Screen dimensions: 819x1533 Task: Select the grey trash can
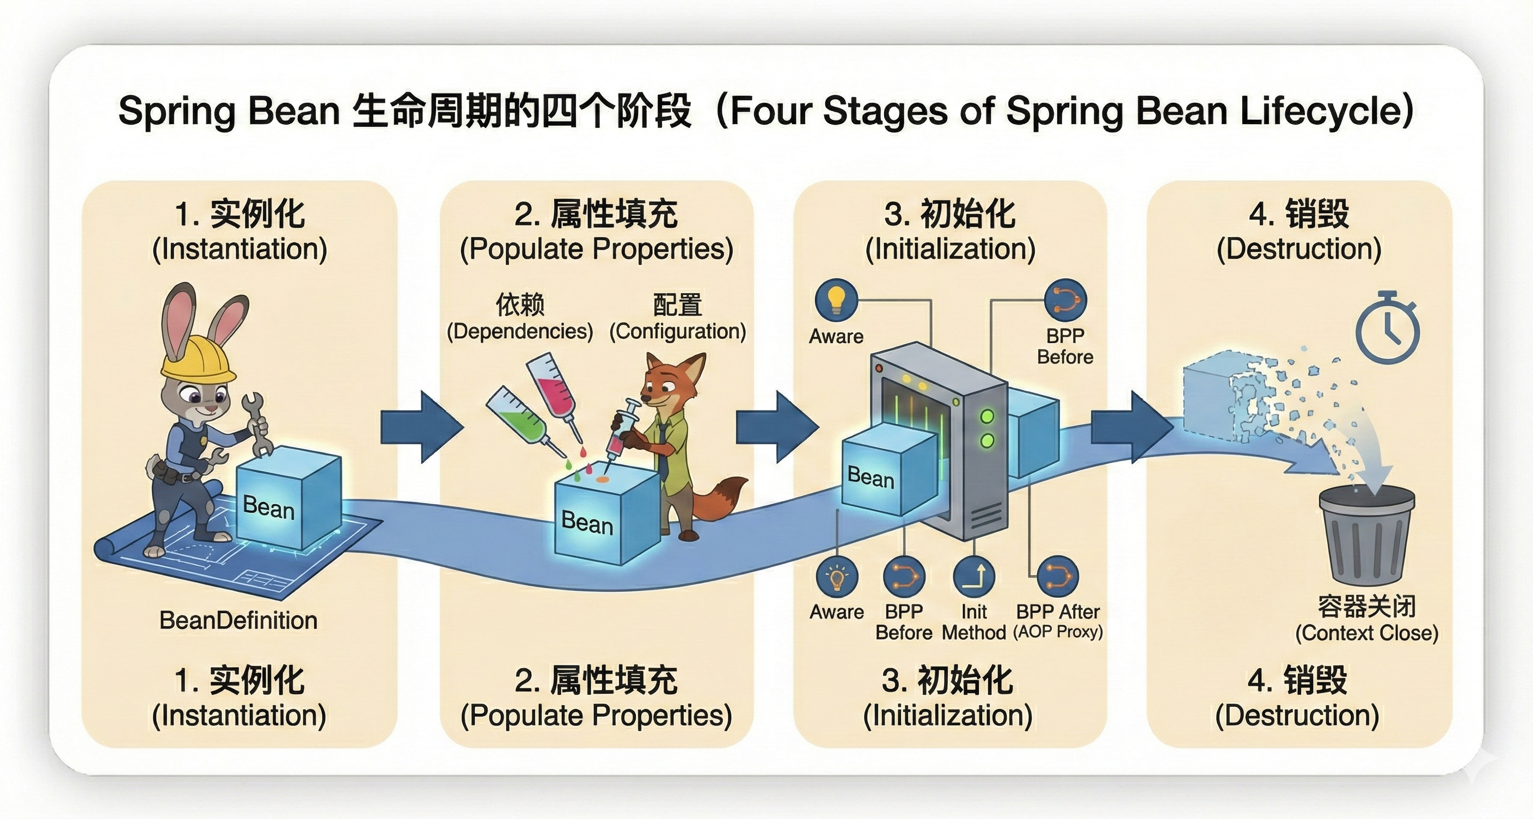coord(1366,536)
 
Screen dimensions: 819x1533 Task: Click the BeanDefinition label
coord(238,620)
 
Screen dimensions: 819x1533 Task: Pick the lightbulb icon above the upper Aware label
coord(836,300)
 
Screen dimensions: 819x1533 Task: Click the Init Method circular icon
coord(973,577)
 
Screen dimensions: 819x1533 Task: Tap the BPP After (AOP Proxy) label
coord(1058,621)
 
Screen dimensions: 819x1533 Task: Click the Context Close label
coord(1366,632)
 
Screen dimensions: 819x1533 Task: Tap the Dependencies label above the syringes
coord(519,331)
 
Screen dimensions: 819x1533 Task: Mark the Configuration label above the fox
coord(677,331)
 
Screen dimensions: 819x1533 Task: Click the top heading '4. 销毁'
coord(1299,214)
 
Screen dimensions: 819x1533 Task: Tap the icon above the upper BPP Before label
coord(1065,300)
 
